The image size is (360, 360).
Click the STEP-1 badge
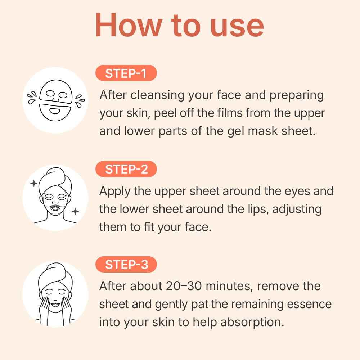(126, 73)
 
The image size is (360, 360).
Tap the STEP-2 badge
(126, 169)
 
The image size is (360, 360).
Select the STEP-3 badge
(126, 265)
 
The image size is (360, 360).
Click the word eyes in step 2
(290, 191)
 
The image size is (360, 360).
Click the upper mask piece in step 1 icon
(56, 94)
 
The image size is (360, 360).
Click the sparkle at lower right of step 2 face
(75, 211)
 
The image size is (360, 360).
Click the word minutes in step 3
(227, 286)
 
